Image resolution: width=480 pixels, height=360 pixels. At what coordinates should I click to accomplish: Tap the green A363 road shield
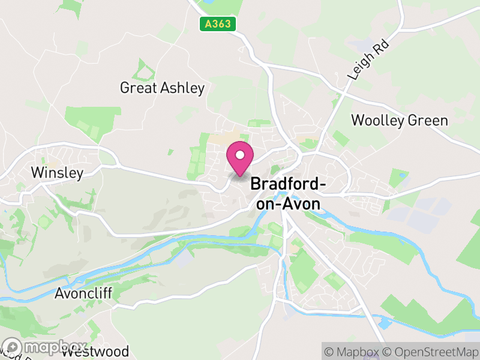pos(218,24)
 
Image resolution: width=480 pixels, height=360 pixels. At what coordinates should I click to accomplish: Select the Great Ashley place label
pos(162,88)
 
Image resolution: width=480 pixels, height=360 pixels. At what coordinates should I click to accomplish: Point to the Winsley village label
pos(57,173)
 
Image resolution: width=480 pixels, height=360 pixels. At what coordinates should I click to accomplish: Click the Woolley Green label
pos(399,120)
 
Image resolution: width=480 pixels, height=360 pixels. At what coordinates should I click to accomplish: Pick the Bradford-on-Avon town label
pos(288,193)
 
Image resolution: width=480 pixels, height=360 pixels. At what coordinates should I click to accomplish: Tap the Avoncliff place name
pos(83,293)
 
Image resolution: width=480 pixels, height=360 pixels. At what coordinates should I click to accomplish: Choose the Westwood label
pos(95,351)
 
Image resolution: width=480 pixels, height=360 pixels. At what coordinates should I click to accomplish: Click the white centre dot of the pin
pos(240,155)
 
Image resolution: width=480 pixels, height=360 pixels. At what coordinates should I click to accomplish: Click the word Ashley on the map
pos(182,88)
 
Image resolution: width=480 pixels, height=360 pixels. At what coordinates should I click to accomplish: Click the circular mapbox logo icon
pos(12,347)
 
